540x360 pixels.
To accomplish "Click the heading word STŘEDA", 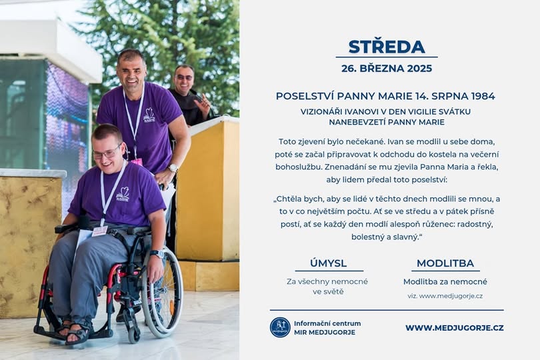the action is point(387,47).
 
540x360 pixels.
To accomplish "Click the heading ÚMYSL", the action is point(328,263).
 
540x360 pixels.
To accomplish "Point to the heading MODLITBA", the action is point(445,263).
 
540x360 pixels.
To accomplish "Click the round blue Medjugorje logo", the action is point(280,327).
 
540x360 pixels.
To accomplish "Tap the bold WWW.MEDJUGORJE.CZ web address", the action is point(455,327).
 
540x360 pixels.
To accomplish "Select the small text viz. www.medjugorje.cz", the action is point(445,296).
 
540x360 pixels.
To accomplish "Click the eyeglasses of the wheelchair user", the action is point(107,153).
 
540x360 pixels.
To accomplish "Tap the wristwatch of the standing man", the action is point(173,168).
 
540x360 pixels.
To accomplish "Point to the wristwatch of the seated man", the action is point(157,254).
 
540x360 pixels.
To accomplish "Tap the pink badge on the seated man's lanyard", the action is point(99,231).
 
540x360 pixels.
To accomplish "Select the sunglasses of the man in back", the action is point(184,77).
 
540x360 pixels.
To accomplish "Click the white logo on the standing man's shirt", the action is point(149,115).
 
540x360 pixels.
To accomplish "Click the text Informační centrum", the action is point(327,323).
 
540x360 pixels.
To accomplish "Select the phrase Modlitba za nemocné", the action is point(445,282).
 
